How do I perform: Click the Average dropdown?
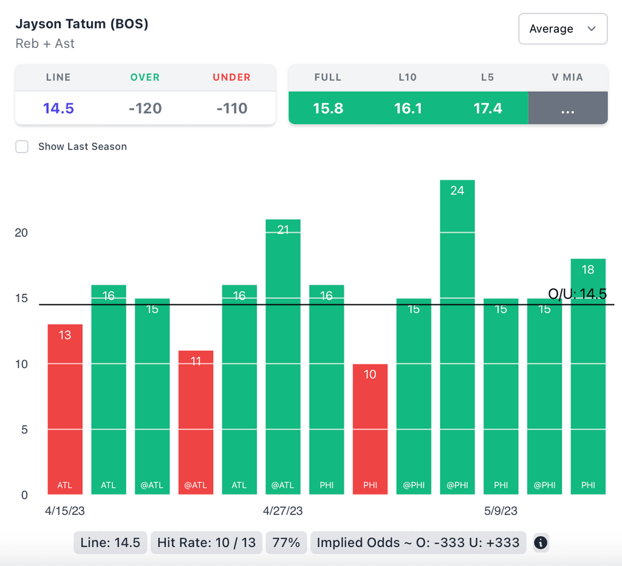(x=562, y=29)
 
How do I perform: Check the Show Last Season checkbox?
(x=22, y=146)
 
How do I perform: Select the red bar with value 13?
(x=65, y=409)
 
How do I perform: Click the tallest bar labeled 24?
(x=457, y=337)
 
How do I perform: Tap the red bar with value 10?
(x=370, y=429)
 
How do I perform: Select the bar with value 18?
(x=588, y=377)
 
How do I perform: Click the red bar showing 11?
(x=196, y=422)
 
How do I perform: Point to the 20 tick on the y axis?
(x=21, y=233)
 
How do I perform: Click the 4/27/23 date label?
(x=283, y=511)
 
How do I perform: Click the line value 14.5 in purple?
(x=58, y=109)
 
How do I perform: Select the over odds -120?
(x=145, y=109)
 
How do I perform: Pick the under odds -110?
(x=232, y=109)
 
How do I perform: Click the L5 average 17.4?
(x=488, y=109)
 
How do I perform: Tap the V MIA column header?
(x=567, y=77)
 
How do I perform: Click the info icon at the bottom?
(x=541, y=542)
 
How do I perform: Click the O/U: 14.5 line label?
(x=578, y=295)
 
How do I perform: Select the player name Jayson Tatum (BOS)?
(x=82, y=24)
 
